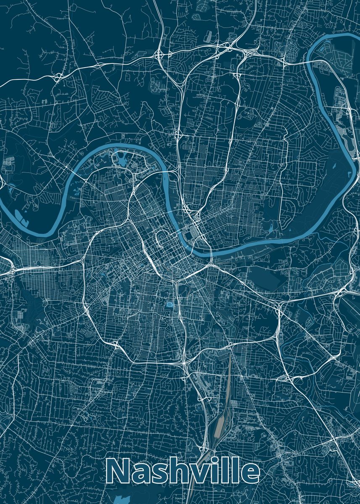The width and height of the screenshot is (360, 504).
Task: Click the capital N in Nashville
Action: (x=119, y=471)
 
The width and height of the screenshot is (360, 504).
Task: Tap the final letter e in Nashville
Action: (x=250, y=474)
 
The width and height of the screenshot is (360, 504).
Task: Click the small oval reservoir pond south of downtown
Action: (x=170, y=304)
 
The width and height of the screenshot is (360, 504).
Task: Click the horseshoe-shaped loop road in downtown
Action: (x=161, y=239)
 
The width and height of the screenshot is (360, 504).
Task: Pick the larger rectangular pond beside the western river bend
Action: (x=19, y=215)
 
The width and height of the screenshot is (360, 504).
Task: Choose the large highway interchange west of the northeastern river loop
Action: (x=247, y=52)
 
